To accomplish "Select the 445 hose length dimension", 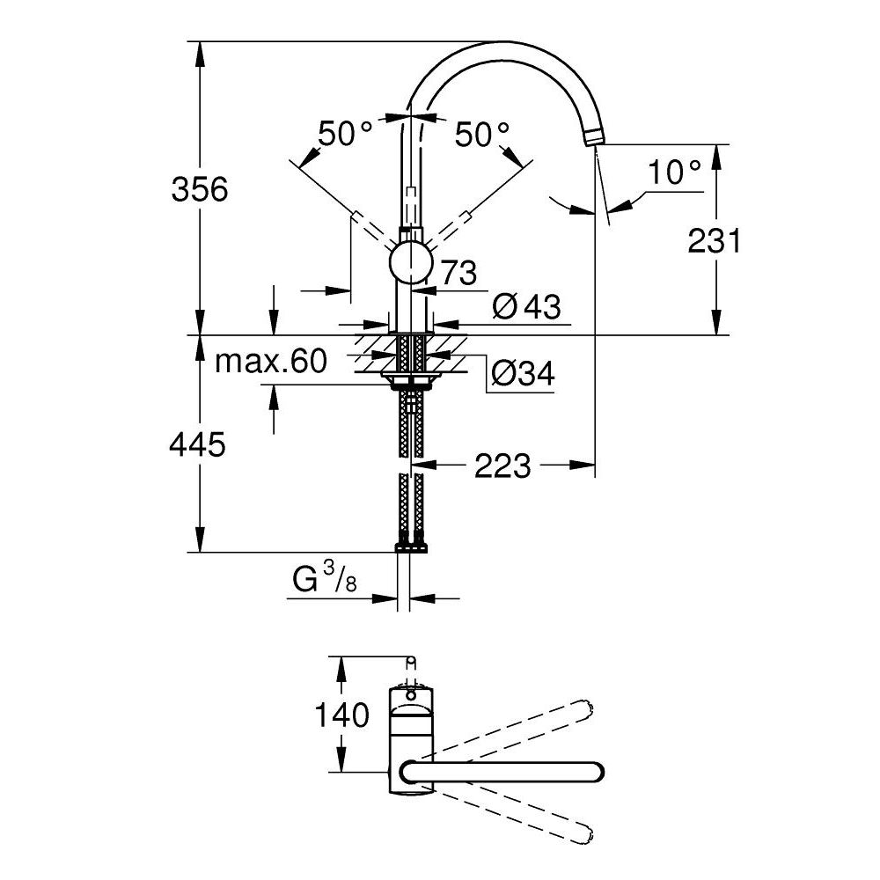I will (197, 444).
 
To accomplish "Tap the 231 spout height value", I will (715, 239).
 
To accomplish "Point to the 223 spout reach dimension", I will (502, 466).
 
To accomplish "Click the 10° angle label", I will (676, 172).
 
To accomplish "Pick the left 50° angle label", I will (345, 135).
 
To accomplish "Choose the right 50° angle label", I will (482, 135).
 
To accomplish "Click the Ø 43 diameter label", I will (527, 306).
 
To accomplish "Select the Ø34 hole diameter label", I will (523, 375).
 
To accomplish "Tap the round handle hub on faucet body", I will (410, 264).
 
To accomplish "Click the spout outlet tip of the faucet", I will (596, 137).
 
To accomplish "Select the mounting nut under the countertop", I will (410, 381).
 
